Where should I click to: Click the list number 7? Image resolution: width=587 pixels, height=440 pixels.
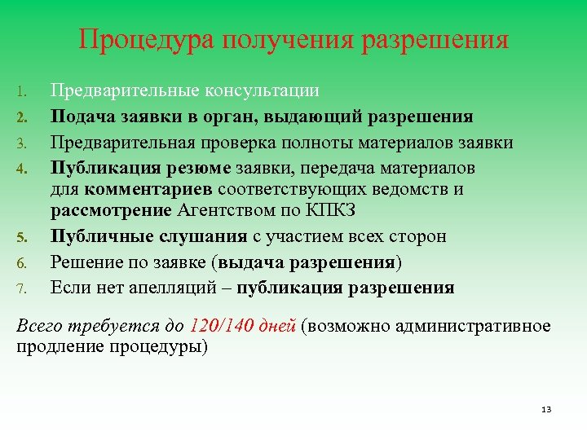coord(23,288)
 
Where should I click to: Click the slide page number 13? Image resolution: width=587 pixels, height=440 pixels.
coord(546,408)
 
